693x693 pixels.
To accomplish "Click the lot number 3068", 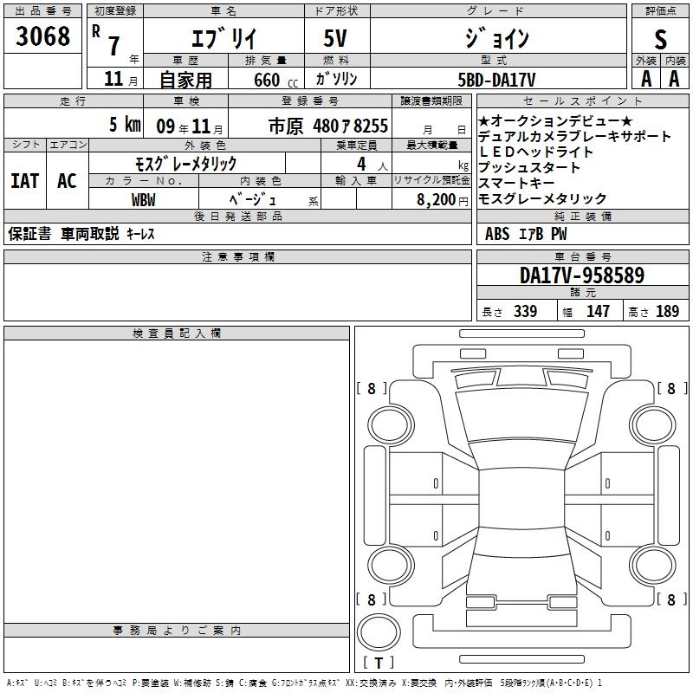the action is click(42, 36).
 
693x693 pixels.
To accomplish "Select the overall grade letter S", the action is click(660, 39).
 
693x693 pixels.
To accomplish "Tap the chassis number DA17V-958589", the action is click(582, 275).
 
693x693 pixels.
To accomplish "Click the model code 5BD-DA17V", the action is click(496, 80).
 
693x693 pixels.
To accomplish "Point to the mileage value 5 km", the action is click(125, 125).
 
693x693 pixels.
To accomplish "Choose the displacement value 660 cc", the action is click(275, 80).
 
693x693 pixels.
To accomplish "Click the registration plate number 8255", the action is click(371, 126).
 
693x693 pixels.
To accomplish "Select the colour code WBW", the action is click(144, 200).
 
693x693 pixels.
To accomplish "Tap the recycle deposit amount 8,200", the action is click(437, 200).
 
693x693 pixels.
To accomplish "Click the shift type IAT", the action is click(25, 181).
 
